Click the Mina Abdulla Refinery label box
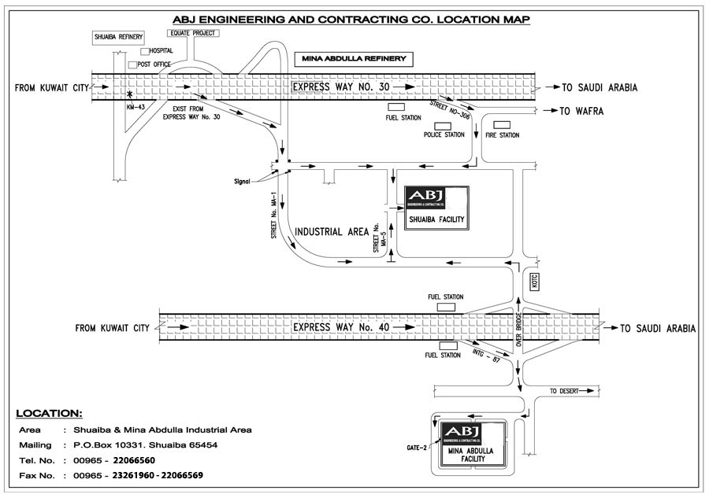(x=352, y=59)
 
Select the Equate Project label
(x=193, y=33)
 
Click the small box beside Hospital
(x=144, y=51)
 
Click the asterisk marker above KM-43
(x=130, y=94)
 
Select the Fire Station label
(x=502, y=135)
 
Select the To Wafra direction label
(x=581, y=111)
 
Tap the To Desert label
(x=563, y=391)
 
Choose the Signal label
(x=242, y=181)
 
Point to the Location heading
(x=49, y=413)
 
